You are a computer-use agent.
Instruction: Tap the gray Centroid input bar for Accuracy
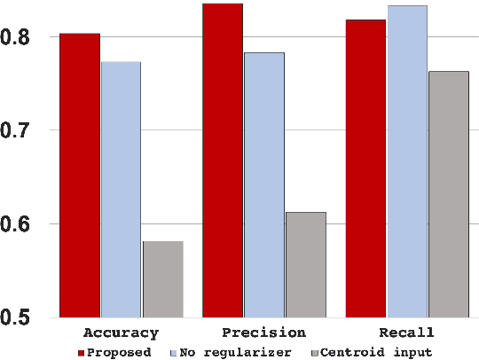pyautogui.click(x=162, y=278)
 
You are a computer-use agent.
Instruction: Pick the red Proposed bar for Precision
pyautogui.click(x=223, y=160)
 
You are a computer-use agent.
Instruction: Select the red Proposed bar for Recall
pyautogui.click(x=365, y=168)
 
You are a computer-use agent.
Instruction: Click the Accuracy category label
pyautogui.click(x=121, y=333)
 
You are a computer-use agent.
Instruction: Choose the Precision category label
pyautogui.click(x=263, y=333)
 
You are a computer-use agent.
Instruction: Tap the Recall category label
pyautogui.click(x=406, y=333)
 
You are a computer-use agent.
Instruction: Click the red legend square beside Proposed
pyautogui.click(x=81, y=352)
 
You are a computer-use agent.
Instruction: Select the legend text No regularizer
pyautogui.click(x=235, y=352)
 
